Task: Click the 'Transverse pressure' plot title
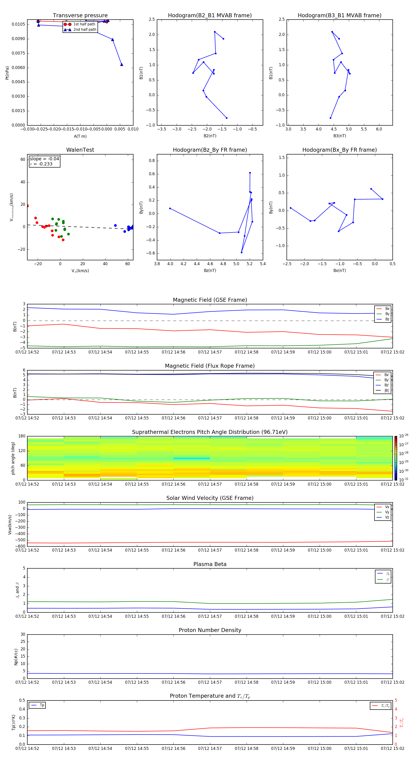(80, 16)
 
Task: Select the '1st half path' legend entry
(84, 24)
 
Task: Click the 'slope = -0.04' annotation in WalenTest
(44, 159)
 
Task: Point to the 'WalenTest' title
(80, 150)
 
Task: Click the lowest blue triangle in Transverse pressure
(121, 65)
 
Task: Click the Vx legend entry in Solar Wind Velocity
(387, 507)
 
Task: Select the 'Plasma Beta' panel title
(210, 564)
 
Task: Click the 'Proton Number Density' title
(210, 630)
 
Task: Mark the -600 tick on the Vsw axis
(20, 546)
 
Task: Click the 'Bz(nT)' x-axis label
(210, 271)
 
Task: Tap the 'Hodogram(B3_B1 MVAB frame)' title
(339, 16)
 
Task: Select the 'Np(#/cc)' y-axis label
(16, 656)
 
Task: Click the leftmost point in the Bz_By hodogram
(170, 208)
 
